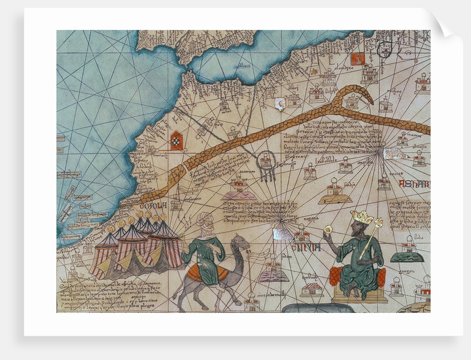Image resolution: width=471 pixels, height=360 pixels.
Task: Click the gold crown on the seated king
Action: pos(362,217)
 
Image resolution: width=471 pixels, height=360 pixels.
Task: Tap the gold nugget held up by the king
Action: pos(328,229)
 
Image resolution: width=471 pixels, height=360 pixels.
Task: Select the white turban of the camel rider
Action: pos(204,219)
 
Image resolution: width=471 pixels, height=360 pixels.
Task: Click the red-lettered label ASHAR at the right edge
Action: pos(419,184)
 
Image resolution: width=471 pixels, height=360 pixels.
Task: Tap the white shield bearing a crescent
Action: pos(280,104)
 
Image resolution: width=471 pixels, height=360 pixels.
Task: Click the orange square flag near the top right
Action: pos(357,58)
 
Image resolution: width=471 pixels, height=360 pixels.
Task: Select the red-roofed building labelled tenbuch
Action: pos(313,289)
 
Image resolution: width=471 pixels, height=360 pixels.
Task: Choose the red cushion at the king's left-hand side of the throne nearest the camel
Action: pos(334,276)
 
